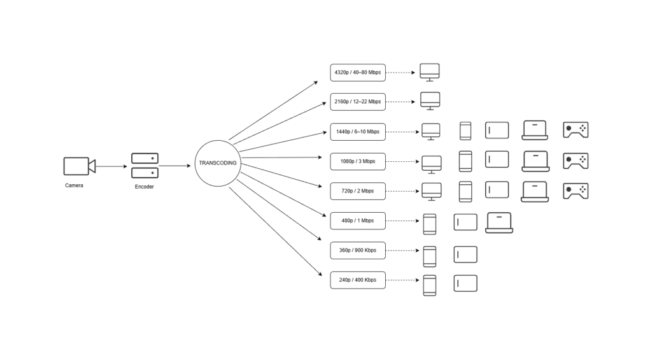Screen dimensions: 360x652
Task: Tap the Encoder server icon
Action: [x=145, y=166]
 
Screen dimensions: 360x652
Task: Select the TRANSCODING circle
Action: [x=218, y=163]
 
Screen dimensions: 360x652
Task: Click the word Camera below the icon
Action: [x=74, y=186]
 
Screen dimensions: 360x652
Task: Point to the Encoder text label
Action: [x=144, y=187]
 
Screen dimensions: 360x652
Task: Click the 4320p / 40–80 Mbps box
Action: [x=358, y=73]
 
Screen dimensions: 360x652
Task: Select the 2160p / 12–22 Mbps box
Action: [x=358, y=102]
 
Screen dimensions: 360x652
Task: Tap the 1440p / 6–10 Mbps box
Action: [x=358, y=132]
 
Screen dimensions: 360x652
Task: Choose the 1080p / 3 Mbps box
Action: [x=358, y=161]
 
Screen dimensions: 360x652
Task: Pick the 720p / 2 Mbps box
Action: [x=358, y=191]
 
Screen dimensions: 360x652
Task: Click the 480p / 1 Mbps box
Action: [x=358, y=220]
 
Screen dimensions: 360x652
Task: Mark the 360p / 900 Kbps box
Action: [x=358, y=250]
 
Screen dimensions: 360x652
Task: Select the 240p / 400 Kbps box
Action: [x=358, y=280]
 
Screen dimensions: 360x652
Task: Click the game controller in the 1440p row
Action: [x=575, y=130]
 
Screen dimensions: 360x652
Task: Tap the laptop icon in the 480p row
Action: [x=499, y=222]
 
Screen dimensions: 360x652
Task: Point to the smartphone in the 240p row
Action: [x=430, y=285]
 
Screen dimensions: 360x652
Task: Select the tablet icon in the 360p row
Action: [x=465, y=254]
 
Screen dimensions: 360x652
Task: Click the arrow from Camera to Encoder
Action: [x=112, y=166]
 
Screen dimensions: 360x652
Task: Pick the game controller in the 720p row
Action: [x=575, y=191]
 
